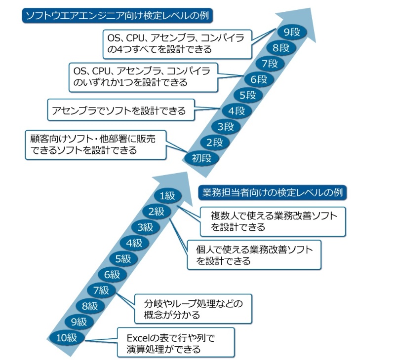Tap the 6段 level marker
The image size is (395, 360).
point(257,79)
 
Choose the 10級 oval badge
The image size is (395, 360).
point(67,338)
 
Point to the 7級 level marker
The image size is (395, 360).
point(101,290)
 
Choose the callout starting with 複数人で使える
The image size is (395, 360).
point(273,220)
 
